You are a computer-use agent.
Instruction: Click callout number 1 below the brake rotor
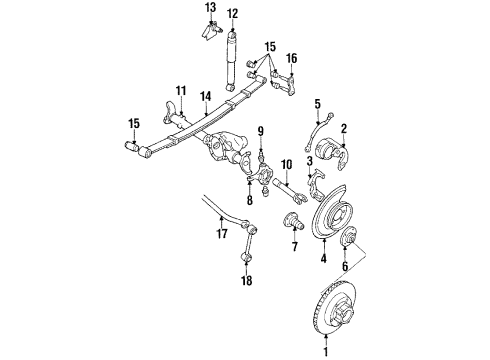[x=324, y=351]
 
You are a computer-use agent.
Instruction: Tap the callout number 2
[x=343, y=129]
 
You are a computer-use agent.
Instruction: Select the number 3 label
[x=310, y=161]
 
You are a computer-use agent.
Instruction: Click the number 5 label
[x=317, y=103]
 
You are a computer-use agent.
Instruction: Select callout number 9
[x=258, y=131]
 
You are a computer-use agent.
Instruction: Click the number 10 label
[x=285, y=164]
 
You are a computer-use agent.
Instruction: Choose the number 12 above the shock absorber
[x=232, y=14]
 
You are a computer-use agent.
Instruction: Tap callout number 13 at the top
[x=210, y=8]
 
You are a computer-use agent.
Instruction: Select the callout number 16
[x=292, y=60]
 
